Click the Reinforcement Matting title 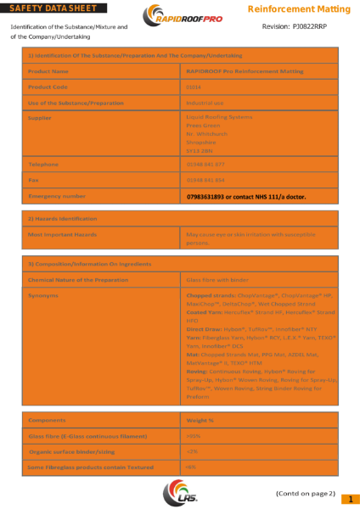pos(298,8)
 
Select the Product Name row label pos(48,71)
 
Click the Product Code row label pos(48,87)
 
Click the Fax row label pos(33,180)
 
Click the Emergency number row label pos(57,196)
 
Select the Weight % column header pos(200,421)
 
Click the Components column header pos(48,421)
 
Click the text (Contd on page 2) pos(306,493)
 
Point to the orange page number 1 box pos(350,499)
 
